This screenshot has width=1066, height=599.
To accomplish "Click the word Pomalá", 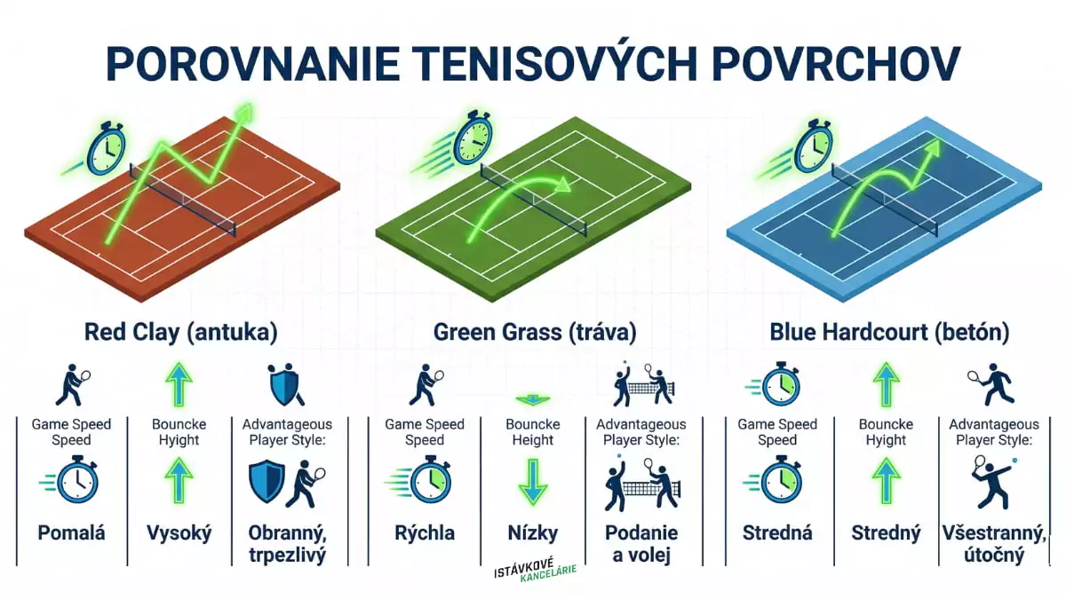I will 71,532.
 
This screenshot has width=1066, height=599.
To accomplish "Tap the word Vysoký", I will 179,532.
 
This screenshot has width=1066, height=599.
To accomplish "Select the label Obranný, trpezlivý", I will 287,543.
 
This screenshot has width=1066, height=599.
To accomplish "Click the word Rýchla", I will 425,532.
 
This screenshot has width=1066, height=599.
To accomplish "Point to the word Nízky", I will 533,532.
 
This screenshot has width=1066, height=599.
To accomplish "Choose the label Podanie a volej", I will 641,543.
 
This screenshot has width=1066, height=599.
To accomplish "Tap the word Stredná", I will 778,532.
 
